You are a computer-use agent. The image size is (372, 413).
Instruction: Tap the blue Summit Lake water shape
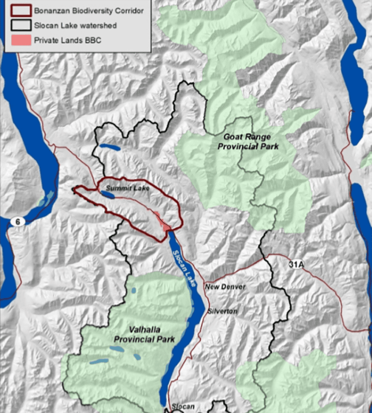click(x=108, y=195)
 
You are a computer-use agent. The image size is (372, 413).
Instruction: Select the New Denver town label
click(x=225, y=287)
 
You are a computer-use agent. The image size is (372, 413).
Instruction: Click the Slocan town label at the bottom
click(x=183, y=406)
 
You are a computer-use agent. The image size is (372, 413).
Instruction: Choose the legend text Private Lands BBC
click(x=68, y=40)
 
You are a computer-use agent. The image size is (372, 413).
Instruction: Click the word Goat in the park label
click(x=232, y=137)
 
